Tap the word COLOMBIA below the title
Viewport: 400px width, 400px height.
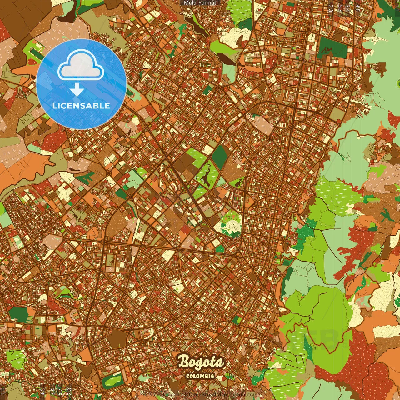coord(200,376)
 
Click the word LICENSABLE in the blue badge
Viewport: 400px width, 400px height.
coord(81,106)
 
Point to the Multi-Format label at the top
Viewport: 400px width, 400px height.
coord(200,3)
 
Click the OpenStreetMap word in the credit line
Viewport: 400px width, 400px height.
coord(208,395)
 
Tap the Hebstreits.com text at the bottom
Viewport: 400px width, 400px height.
coord(160,395)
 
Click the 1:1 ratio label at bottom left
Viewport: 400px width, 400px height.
coord(3,391)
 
